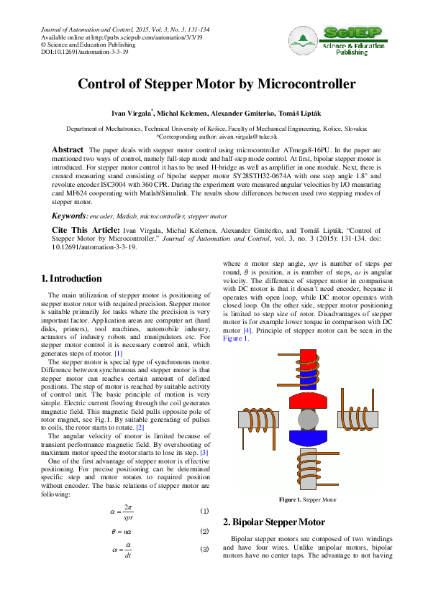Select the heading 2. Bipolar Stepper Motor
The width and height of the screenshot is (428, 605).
[275, 522]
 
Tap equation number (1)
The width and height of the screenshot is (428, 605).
[204, 511]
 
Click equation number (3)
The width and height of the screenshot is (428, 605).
[204, 550]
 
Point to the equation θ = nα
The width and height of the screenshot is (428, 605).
[125, 531]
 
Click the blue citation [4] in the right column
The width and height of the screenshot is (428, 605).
[247, 331]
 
